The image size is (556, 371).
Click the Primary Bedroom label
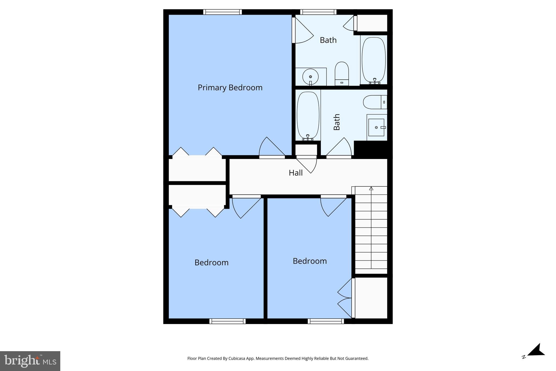pyautogui.click(x=230, y=88)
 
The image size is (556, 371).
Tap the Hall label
pyautogui.click(x=295, y=173)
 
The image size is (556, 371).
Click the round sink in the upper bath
pyautogui.click(x=310, y=77)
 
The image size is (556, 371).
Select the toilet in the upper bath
pyautogui.click(x=342, y=73)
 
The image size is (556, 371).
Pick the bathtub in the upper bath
pyautogui.click(x=374, y=60)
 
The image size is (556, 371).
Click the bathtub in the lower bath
pyautogui.click(x=308, y=115)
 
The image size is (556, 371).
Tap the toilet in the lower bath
pyautogui.click(x=375, y=102)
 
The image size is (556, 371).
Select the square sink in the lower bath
pyautogui.click(x=376, y=127)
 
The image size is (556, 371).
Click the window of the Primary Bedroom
pyautogui.click(x=223, y=12)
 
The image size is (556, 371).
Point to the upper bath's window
pyautogui.click(x=318, y=12)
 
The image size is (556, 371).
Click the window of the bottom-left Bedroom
pyautogui.click(x=228, y=321)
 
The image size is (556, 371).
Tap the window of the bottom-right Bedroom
pyautogui.click(x=326, y=321)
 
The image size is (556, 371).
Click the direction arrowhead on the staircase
pyautogui.click(x=371, y=188)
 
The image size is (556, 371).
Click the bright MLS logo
pyautogui.click(x=30, y=361)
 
